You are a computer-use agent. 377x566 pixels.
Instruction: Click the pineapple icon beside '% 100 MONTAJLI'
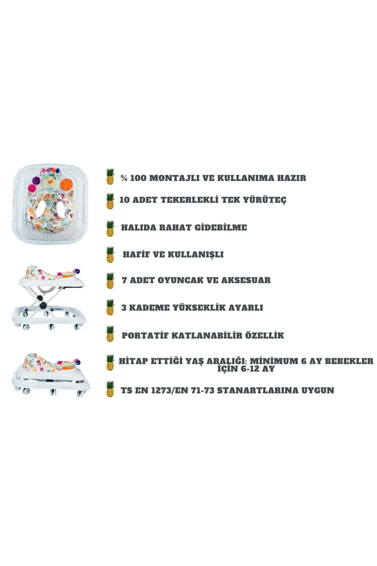(x=110, y=177)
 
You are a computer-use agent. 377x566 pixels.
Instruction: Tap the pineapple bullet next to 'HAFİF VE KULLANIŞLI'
(x=110, y=255)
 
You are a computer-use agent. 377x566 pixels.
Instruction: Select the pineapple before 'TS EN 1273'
(x=110, y=389)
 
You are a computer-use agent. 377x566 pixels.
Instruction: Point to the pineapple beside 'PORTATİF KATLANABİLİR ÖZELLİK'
(x=110, y=334)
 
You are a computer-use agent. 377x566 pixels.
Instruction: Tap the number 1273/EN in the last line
(x=170, y=391)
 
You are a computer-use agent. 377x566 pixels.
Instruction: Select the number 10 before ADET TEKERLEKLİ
(x=124, y=200)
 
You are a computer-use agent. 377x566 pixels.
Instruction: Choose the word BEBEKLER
(x=349, y=361)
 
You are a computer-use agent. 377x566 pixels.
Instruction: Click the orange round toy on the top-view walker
(x=66, y=183)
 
